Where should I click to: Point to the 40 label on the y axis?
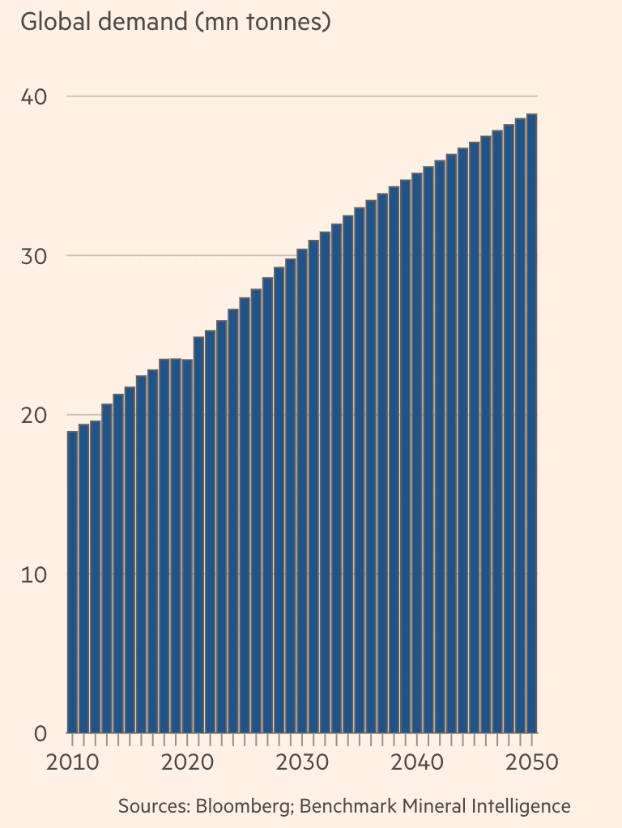(x=33, y=96)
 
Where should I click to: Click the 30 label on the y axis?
(x=33, y=256)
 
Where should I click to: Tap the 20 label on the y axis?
(x=33, y=415)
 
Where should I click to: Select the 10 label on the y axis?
(x=33, y=574)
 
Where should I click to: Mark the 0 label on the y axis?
(x=40, y=733)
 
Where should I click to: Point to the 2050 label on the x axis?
(x=531, y=763)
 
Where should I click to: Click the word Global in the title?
(x=53, y=22)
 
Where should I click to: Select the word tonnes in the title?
(x=283, y=22)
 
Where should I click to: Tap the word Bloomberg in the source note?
(x=239, y=806)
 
